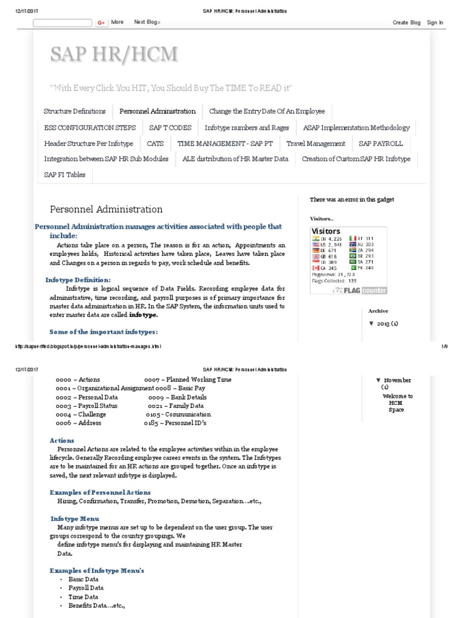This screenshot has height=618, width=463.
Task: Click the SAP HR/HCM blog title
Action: click(x=114, y=54)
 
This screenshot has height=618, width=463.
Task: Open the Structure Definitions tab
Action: click(x=75, y=111)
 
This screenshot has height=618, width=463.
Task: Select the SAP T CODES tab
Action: click(x=170, y=127)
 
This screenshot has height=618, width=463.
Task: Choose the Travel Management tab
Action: click(x=316, y=144)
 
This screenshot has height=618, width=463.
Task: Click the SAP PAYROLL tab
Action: click(x=380, y=144)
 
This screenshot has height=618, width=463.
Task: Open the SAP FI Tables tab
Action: click(x=65, y=175)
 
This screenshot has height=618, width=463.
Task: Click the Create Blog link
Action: click(x=406, y=22)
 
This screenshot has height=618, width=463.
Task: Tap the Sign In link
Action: click(x=435, y=22)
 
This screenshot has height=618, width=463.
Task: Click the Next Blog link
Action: click(x=147, y=22)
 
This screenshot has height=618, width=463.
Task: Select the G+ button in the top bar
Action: click(x=101, y=22)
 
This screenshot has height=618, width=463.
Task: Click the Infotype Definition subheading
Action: click(x=78, y=280)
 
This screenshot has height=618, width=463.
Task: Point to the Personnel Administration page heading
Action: click(x=106, y=209)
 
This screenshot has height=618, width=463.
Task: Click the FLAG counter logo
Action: click(x=361, y=290)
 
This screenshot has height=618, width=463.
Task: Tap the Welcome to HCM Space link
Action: click(x=397, y=403)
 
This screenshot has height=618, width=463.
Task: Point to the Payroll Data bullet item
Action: click(x=86, y=587)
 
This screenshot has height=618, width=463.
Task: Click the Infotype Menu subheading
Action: click(x=74, y=518)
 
